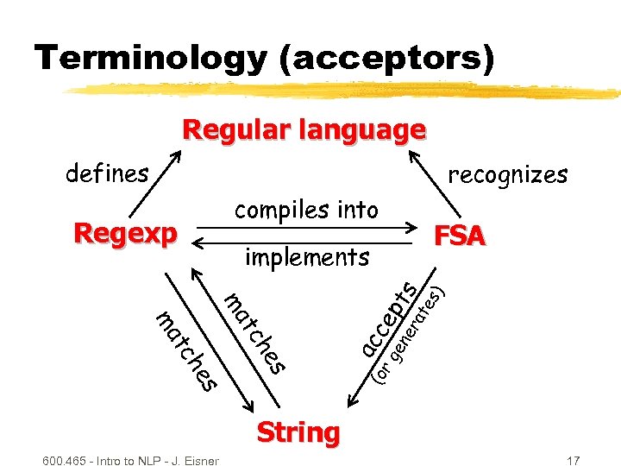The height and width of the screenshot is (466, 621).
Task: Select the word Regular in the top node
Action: pos(236,130)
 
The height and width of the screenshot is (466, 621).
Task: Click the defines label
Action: pos(107,173)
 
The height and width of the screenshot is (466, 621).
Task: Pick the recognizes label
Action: pos(507,174)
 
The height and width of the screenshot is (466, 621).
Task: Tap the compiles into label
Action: pos(306,210)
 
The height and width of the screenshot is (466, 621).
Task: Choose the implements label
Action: pos(307,256)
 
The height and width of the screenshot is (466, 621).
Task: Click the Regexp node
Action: pos(125,233)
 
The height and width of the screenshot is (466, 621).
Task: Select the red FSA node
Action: pos(460,236)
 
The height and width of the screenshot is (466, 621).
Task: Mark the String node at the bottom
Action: pos(298,431)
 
